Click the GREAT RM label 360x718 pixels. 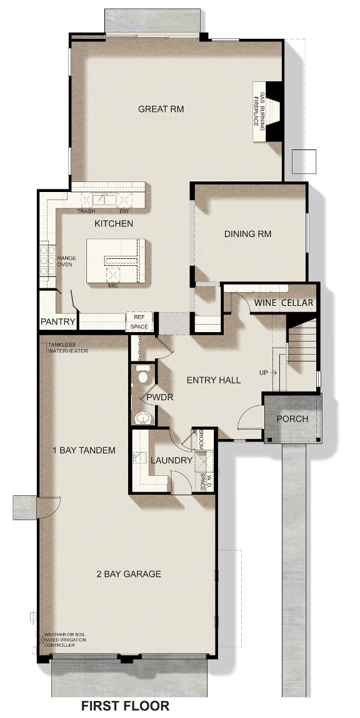[x=161, y=109]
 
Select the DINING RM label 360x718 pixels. [x=247, y=234]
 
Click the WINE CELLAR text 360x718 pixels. [x=284, y=303]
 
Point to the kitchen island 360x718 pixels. [x=116, y=261]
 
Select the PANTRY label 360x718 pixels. [x=57, y=321]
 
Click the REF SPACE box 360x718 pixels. [x=139, y=321]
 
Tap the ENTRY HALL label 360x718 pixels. [x=214, y=380]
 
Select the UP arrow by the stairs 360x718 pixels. [x=274, y=373]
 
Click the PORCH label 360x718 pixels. [x=292, y=418]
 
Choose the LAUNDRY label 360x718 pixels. [x=171, y=460]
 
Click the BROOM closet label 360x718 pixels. [x=201, y=439]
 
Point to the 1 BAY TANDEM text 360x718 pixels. [x=84, y=450]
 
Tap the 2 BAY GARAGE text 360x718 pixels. [x=129, y=574]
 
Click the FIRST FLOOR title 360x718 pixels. [x=125, y=705]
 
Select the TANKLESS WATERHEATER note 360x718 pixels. [x=67, y=348]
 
